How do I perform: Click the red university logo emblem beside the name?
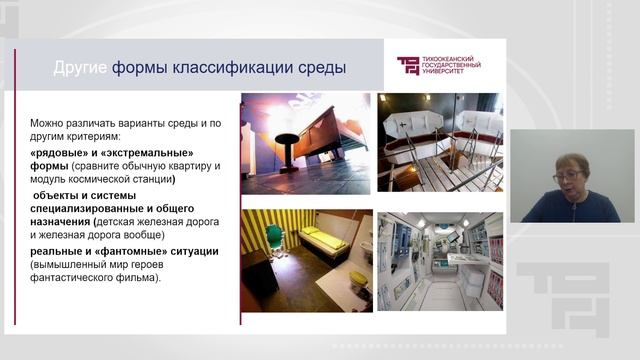pyautogui.click(x=409, y=66)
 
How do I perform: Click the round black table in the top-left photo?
pyautogui.click(x=287, y=140)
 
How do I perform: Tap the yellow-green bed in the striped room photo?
pyautogui.click(x=324, y=240)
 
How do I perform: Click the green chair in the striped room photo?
pyautogui.click(x=275, y=236)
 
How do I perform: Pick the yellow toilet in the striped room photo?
pyautogui.click(x=356, y=279)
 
